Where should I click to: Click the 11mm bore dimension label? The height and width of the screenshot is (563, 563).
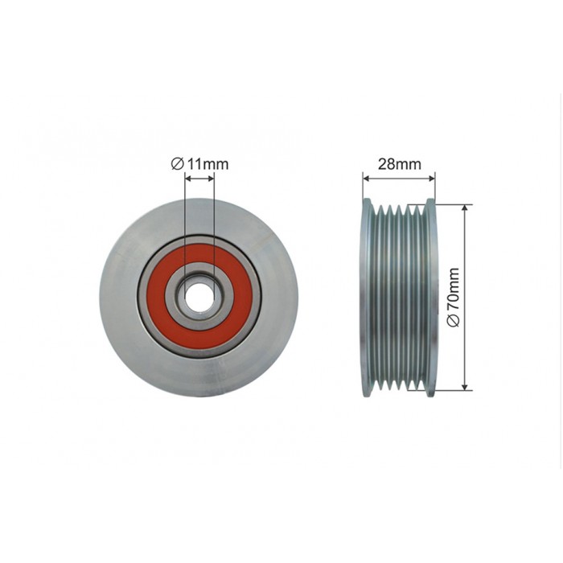[199, 164]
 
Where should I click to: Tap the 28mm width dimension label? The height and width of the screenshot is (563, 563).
[399, 164]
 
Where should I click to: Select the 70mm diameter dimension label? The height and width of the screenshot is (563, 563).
[454, 298]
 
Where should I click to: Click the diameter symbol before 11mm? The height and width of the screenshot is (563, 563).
[178, 164]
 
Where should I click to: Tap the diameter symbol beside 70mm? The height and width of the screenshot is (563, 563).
[454, 320]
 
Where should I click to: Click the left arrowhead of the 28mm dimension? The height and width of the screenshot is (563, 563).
[366, 178]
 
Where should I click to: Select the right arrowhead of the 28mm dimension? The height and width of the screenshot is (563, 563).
[432, 178]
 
